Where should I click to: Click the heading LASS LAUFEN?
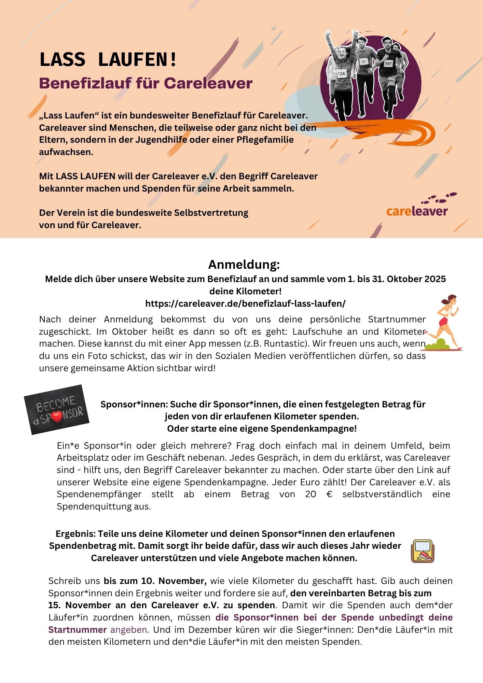[x=108, y=59]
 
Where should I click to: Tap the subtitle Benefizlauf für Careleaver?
[x=146, y=83]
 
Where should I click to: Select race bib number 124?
[x=341, y=73]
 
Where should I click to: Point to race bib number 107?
[x=388, y=64]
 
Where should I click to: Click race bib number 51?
[x=363, y=62]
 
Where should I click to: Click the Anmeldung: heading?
[x=244, y=264]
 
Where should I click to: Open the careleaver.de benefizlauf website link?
[x=245, y=303]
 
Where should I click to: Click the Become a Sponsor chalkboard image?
[x=57, y=409]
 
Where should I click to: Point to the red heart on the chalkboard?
[x=57, y=417]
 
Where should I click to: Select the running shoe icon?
[x=423, y=551]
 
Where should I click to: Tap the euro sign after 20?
[x=329, y=494]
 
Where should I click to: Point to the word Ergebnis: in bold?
[x=76, y=533]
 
